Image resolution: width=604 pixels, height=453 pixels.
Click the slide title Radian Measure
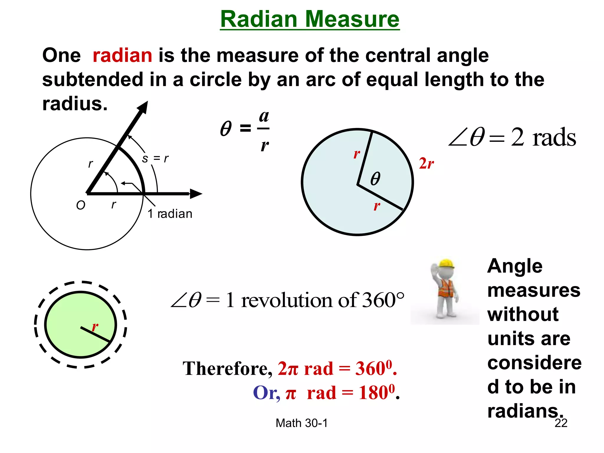tap(310, 19)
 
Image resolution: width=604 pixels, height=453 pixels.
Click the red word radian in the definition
tap(122, 55)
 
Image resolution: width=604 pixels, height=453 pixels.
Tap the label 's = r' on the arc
tap(155, 159)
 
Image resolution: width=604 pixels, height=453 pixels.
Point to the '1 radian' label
tap(170, 214)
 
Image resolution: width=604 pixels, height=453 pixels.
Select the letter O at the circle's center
tap(81, 205)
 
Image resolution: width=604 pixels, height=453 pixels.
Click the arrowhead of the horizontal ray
tap(196, 194)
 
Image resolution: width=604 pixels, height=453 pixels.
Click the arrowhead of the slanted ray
tap(143, 107)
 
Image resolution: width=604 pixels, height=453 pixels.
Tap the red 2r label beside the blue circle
tap(426, 163)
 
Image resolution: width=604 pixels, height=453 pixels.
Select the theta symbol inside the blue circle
tap(375, 178)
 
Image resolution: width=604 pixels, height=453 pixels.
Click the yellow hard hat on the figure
tap(446, 263)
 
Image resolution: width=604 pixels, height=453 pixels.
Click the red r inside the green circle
tap(95, 327)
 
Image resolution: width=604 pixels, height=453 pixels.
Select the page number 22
tap(561, 423)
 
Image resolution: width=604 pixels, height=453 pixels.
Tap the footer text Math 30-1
tap(301, 423)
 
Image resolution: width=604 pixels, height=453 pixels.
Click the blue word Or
tap(266, 393)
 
